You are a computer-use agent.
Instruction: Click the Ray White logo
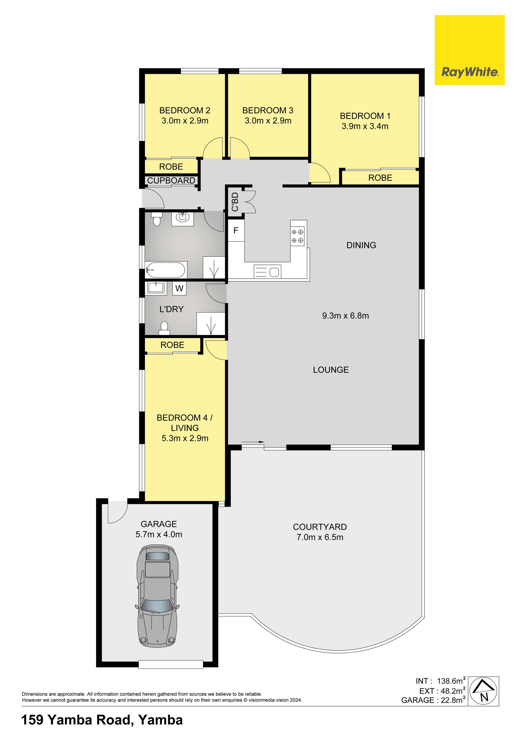(469, 50)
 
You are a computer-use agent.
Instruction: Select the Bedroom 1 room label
(365, 116)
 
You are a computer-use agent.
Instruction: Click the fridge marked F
(236, 230)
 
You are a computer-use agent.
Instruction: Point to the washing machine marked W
(179, 288)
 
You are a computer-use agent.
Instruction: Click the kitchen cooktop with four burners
(297, 236)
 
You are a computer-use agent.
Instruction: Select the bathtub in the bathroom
(166, 270)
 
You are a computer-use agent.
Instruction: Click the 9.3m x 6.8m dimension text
(345, 316)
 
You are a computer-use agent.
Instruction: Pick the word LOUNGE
(331, 370)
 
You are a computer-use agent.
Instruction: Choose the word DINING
(361, 245)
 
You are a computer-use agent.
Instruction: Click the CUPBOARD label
(171, 181)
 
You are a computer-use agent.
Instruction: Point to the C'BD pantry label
(235, 202)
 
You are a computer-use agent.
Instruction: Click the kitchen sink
(267, 271)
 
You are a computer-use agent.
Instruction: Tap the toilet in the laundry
(164, 328)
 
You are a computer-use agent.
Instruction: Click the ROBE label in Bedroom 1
(380, 178)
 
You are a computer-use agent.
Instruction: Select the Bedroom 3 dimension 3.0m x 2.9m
(268, 121)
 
